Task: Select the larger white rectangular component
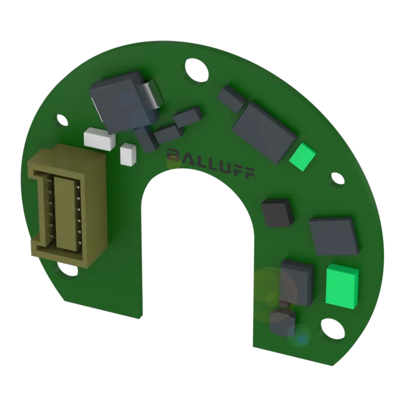(99, 139)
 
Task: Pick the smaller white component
(128, 154)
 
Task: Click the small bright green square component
(302, 157)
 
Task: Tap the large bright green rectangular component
(342, 286)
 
